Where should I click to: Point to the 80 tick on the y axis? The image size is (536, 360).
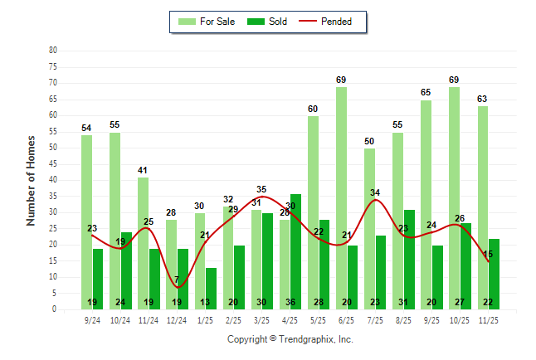53,50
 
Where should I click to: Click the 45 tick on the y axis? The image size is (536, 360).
53,163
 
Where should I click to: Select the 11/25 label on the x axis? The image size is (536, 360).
488,319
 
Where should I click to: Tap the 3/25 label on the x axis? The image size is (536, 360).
261,319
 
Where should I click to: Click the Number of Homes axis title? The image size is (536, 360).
32,180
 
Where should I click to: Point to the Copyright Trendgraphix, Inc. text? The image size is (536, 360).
290,339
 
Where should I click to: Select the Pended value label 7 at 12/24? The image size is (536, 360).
177,280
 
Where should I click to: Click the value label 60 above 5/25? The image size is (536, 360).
313,109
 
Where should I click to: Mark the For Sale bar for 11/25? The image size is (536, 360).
482,207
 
